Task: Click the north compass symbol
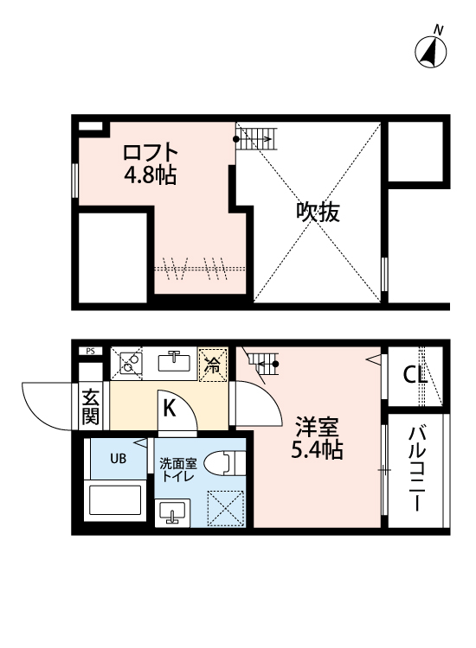point(432,51)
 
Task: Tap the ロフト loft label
point(151,153)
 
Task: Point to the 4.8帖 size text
point(150,175)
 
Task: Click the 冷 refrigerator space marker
point(212,364)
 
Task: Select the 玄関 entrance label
point(91,407)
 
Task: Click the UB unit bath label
point(117,458)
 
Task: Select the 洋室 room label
point(317,426)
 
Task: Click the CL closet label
point(415,374)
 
